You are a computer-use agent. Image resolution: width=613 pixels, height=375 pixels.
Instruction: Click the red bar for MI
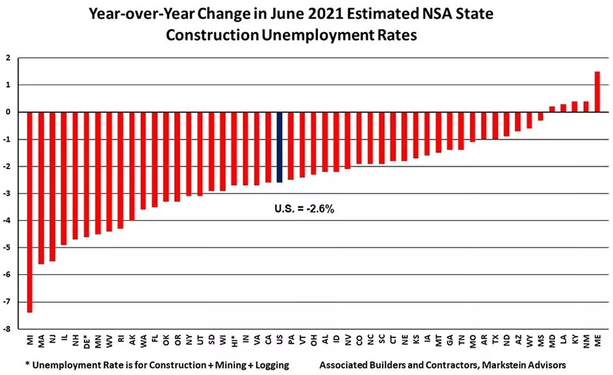(29, 212)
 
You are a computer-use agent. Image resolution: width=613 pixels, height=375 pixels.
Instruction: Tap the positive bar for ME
(597, 91)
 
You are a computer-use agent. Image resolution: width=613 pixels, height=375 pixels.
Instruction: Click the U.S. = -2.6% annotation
(304, 208)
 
